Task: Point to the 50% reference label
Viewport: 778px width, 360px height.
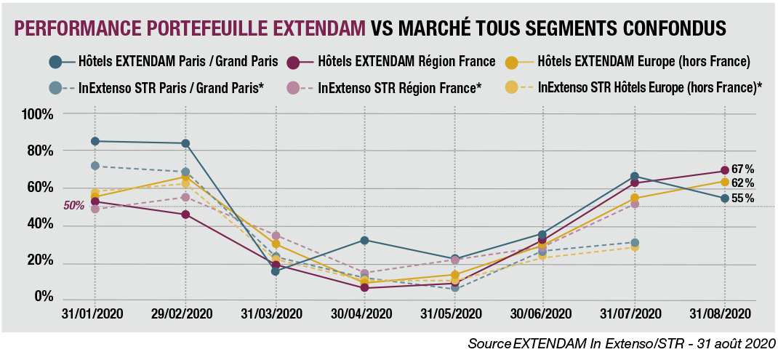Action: pyautogui.click(x=74, y=206)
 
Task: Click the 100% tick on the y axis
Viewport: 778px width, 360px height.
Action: pyautogui.click(x=37, y=114)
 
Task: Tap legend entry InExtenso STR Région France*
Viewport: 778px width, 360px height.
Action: pyautogui.click(x=400, y=89)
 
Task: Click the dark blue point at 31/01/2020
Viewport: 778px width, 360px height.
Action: pyautogui.click(x=95, y=141)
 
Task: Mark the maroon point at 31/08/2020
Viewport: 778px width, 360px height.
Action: pyautogui.click(x=725, y=171)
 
